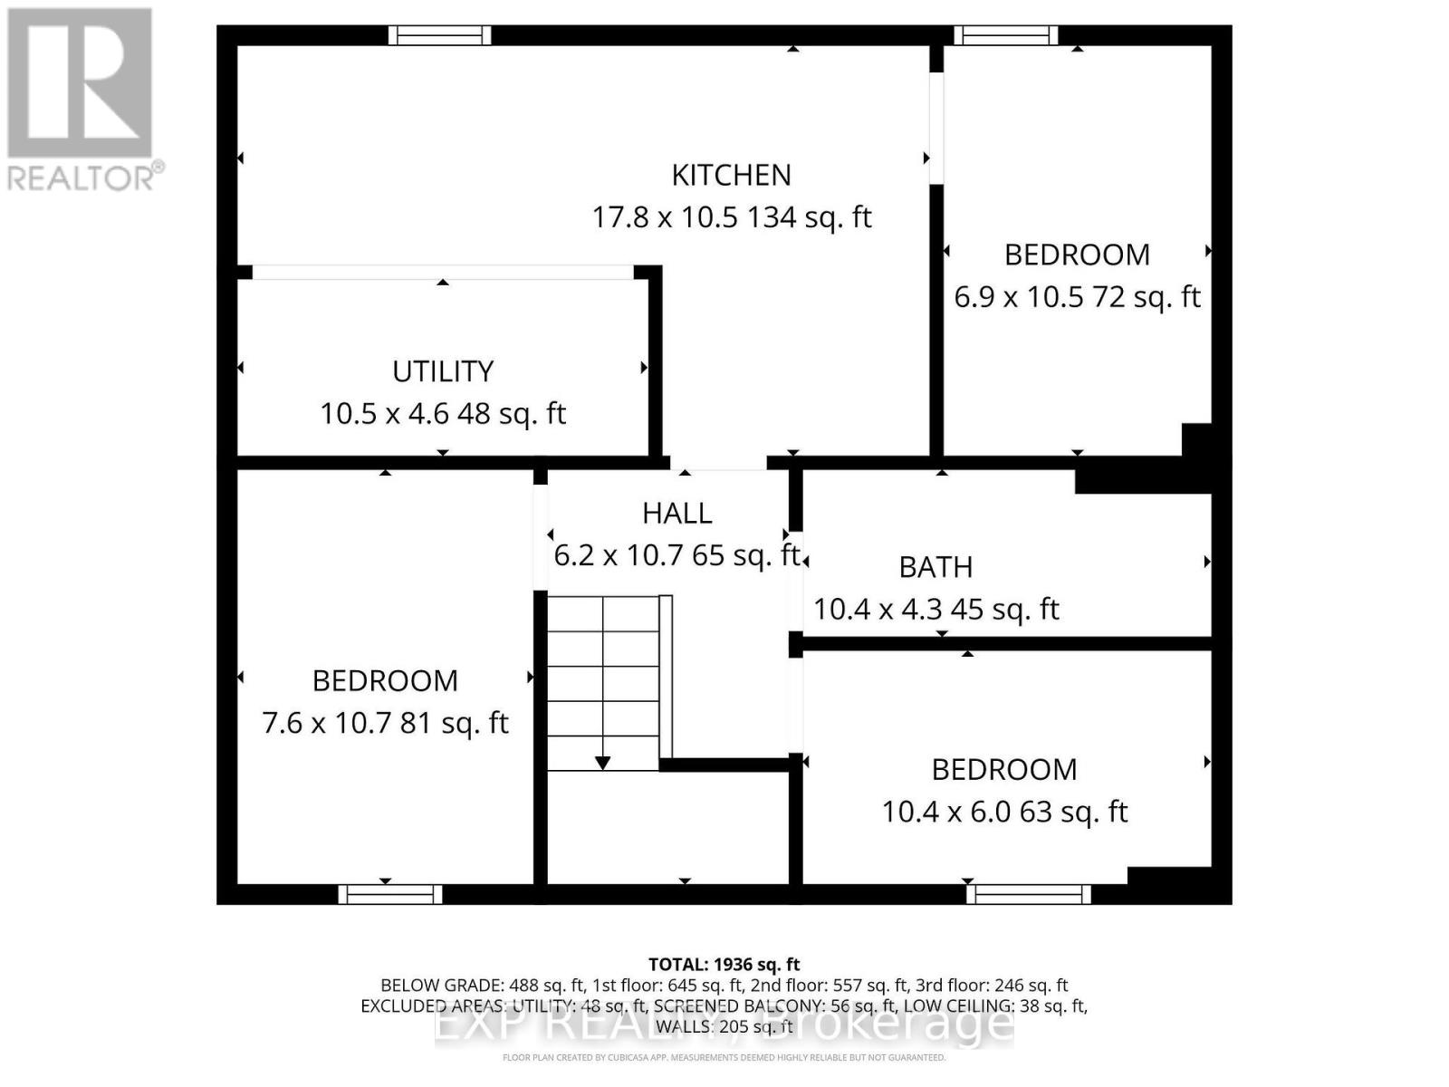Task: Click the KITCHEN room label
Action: [731, 175]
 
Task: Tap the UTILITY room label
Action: [443, 371]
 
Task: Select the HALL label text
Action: [677, 514]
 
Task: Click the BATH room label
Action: [936, 567]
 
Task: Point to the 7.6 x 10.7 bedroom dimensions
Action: [385, 723]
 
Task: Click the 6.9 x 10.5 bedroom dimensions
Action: [1077, 297]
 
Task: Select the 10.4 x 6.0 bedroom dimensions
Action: [1004, 812]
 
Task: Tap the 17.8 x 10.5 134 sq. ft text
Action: [731, 217]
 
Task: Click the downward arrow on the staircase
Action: [602, 763]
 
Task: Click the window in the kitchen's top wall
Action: [439, 35]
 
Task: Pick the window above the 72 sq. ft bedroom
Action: [1005, 35]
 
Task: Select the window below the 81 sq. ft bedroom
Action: [390, 894]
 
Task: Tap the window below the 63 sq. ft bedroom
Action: [1028, 894]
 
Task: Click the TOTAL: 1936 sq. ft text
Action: [724, 965]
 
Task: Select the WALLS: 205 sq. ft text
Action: [724, 1026]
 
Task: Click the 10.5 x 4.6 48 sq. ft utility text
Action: [443, 414]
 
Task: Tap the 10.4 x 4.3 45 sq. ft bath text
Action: [936, 610]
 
